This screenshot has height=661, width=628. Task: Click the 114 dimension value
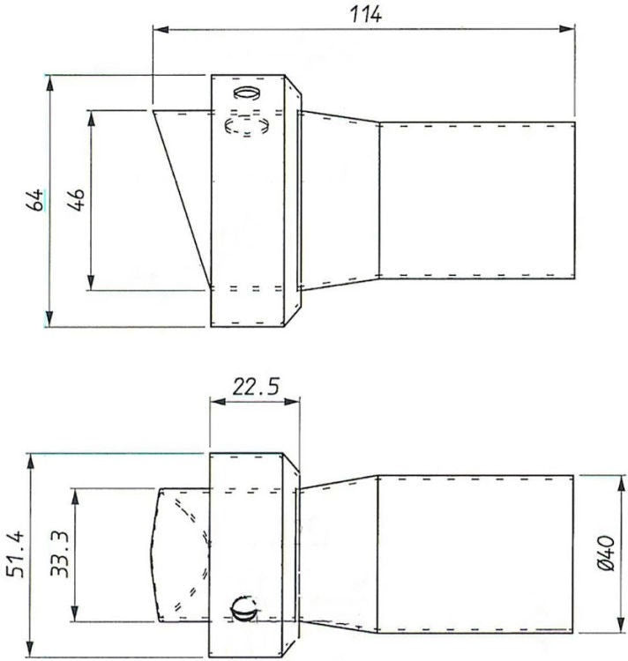[366, 14]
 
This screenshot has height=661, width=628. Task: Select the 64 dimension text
[34, 200]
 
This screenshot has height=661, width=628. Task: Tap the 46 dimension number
[77, 200]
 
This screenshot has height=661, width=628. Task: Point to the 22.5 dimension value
[256, 386]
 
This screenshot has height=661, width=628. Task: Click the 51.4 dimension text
[17, 554]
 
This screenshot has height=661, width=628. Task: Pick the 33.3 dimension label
[59, 554]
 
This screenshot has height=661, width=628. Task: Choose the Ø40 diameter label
[607, 553]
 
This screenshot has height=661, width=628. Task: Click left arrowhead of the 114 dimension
[161, 29]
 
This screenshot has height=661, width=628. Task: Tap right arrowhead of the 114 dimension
[566, 29]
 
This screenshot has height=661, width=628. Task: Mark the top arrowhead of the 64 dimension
[49, 84]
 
